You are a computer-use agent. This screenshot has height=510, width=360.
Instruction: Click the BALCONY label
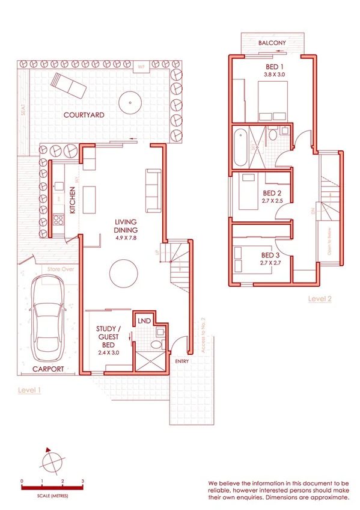click(x=272, y=43)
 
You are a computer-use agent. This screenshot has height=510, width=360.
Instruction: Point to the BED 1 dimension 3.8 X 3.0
click(x=275, y=74)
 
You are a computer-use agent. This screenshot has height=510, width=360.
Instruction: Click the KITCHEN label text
click(x=72, y=200)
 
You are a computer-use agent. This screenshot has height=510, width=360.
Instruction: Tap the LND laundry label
click(x=143, y=321)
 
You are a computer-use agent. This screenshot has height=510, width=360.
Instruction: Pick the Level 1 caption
click(x=29, y=390)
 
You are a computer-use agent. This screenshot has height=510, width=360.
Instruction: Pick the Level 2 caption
click(x=320, y=298)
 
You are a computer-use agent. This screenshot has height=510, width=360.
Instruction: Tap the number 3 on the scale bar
click(x=82, y=481)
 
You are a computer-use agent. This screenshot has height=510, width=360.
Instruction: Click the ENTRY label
click(x=182, y=361)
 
